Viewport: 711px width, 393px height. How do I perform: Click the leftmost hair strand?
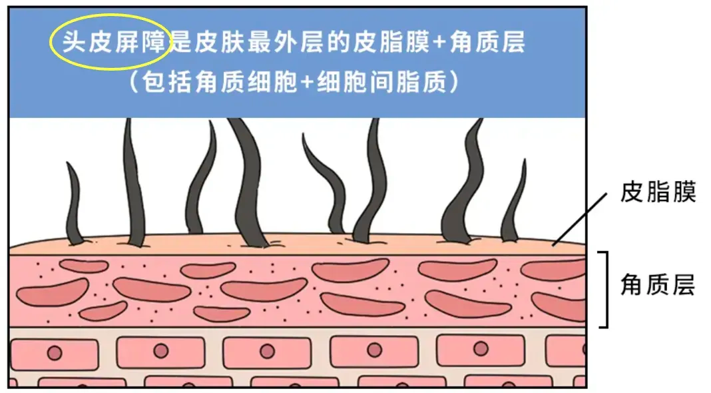pyautogui.click(x=74, y=203)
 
